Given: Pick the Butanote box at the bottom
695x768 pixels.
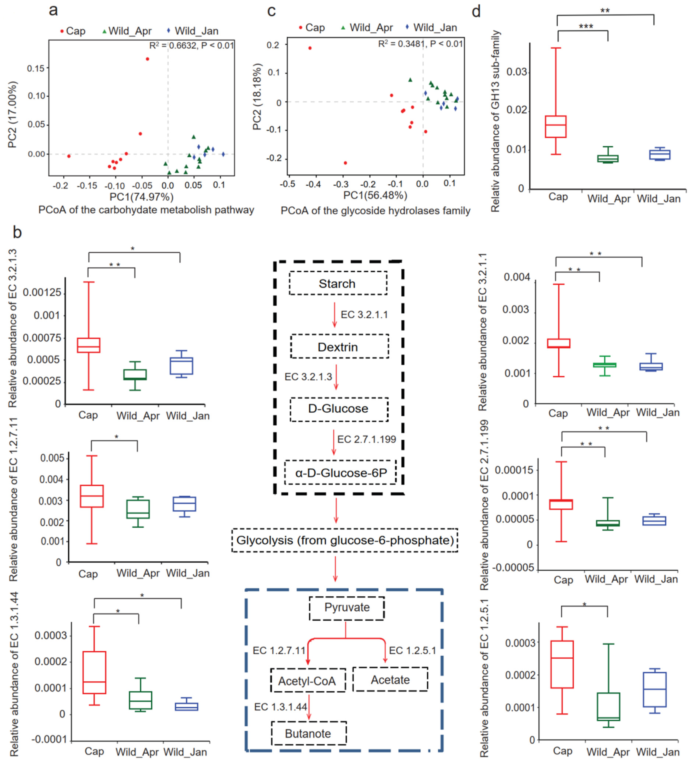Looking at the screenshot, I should tap(309, 733).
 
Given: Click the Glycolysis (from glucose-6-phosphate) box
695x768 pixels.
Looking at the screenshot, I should tap(345, 540).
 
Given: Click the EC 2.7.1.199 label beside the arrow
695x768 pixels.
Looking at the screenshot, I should tap(366, 439).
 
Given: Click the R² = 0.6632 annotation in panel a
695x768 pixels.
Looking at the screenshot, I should tap(191, 46).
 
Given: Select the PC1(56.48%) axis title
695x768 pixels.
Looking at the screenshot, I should tap(375, 195).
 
